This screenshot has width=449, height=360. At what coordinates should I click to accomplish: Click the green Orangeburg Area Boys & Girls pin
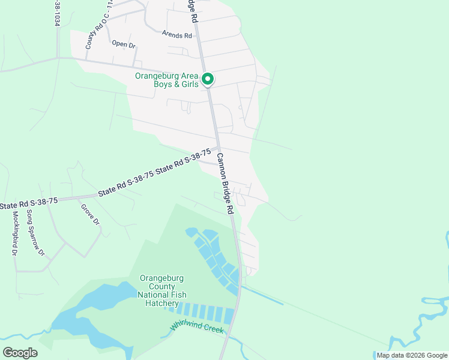click(208, 79)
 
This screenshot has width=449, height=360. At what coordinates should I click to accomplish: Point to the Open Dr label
click(124, 43)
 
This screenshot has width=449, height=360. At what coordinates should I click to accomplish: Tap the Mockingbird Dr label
click(14, 233)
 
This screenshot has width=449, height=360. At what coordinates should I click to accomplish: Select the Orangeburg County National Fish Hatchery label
click(162, 290)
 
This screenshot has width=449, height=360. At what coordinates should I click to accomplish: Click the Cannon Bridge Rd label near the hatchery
click(224, 184)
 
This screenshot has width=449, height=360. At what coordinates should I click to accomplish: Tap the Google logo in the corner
click(20, 353)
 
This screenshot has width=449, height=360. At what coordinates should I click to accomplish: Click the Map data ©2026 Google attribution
click(412, 355)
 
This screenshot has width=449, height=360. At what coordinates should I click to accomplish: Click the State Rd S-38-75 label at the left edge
click(29, 203)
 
